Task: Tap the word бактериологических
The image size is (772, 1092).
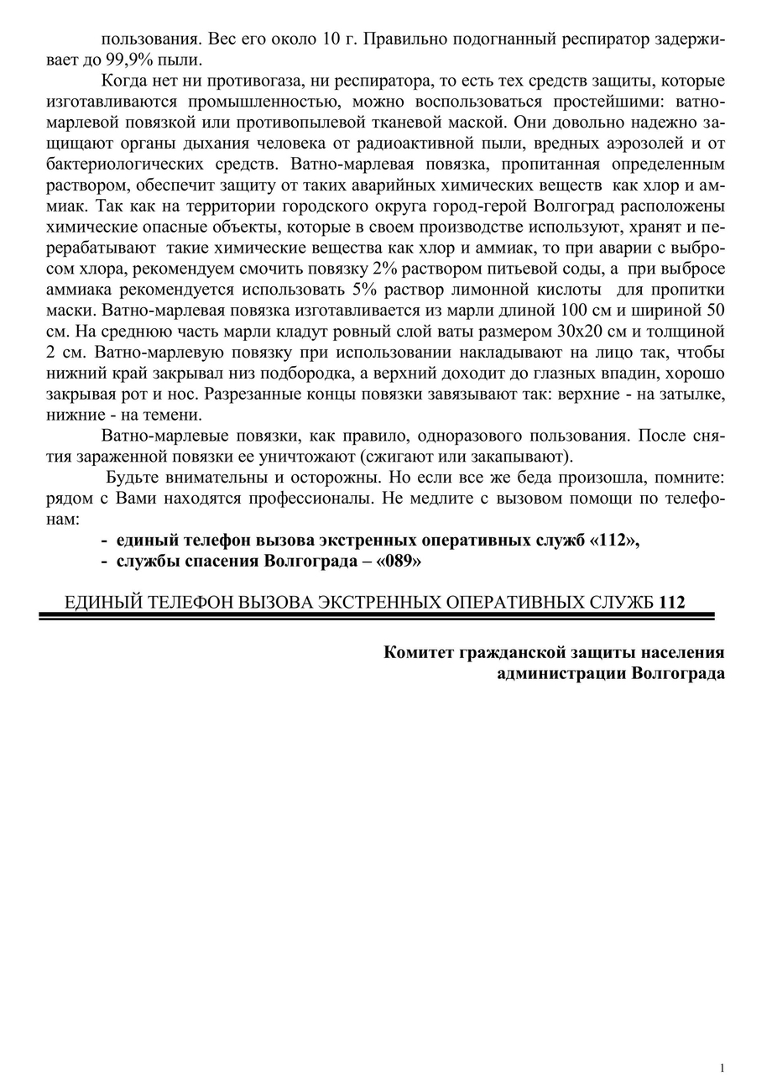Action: (126, 164)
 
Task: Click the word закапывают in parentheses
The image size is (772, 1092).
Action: (522, 457)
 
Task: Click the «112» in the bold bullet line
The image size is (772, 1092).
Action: (614, 540)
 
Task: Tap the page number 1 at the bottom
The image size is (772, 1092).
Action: (722, 1068)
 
